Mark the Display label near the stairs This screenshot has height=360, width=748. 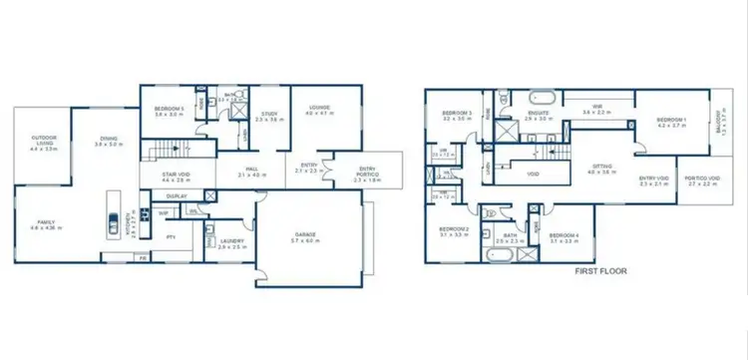point(177,195)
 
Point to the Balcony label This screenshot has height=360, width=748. point(719,127)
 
